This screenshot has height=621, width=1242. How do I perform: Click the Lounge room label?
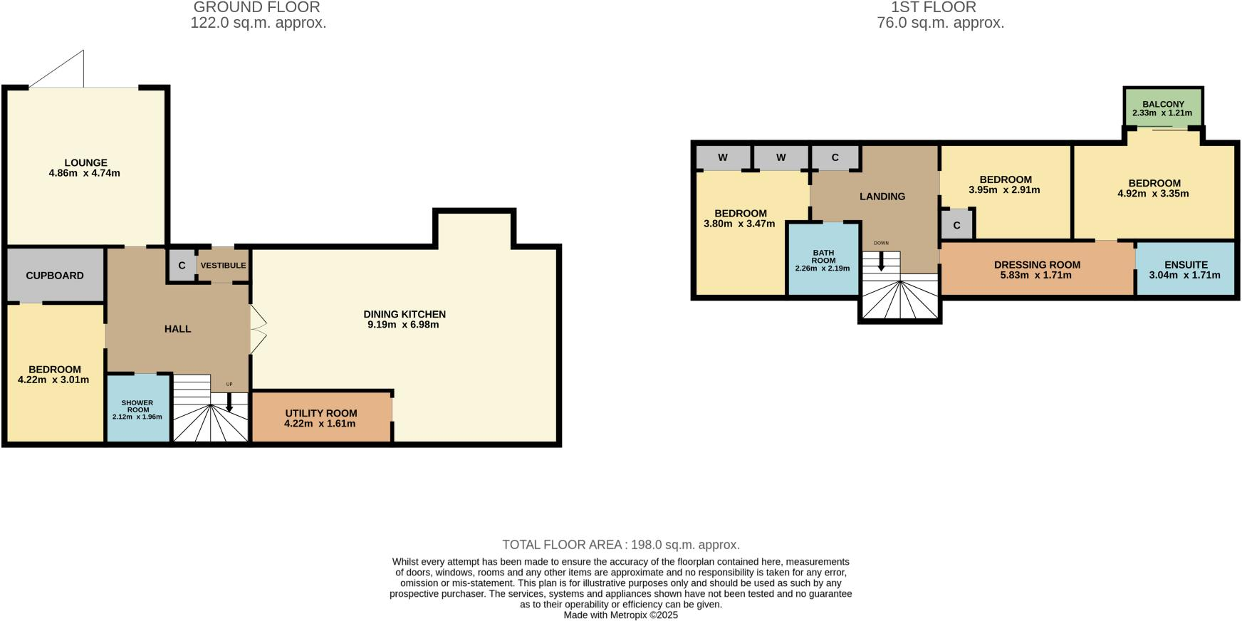point(85,163)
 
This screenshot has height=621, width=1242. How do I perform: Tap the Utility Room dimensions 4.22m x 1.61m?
point(320,424)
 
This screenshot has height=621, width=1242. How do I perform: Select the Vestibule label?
point(223,266)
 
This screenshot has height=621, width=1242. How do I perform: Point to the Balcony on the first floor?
point(1163,108)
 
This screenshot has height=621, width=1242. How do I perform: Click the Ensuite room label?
point(1186,265)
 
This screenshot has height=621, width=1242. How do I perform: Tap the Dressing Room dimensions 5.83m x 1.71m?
point(1037,276)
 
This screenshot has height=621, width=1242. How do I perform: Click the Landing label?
point(882,197)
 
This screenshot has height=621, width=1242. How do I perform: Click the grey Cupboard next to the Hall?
point(55,276)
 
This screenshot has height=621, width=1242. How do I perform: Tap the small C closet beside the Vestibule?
point(182,266)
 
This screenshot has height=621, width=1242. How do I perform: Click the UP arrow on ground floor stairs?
point(229,402)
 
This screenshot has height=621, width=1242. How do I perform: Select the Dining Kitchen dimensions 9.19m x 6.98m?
point(403,325)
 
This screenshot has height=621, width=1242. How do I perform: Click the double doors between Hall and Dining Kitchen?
point(258,329)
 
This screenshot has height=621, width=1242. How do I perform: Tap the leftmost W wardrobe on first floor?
point(723,157)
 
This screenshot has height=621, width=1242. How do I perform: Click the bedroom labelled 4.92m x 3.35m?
point(1154,189)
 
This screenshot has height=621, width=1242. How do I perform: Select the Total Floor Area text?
point(621,545)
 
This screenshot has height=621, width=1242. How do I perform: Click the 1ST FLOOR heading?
point(933,7)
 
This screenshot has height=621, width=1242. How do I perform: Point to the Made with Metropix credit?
point(621,615)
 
